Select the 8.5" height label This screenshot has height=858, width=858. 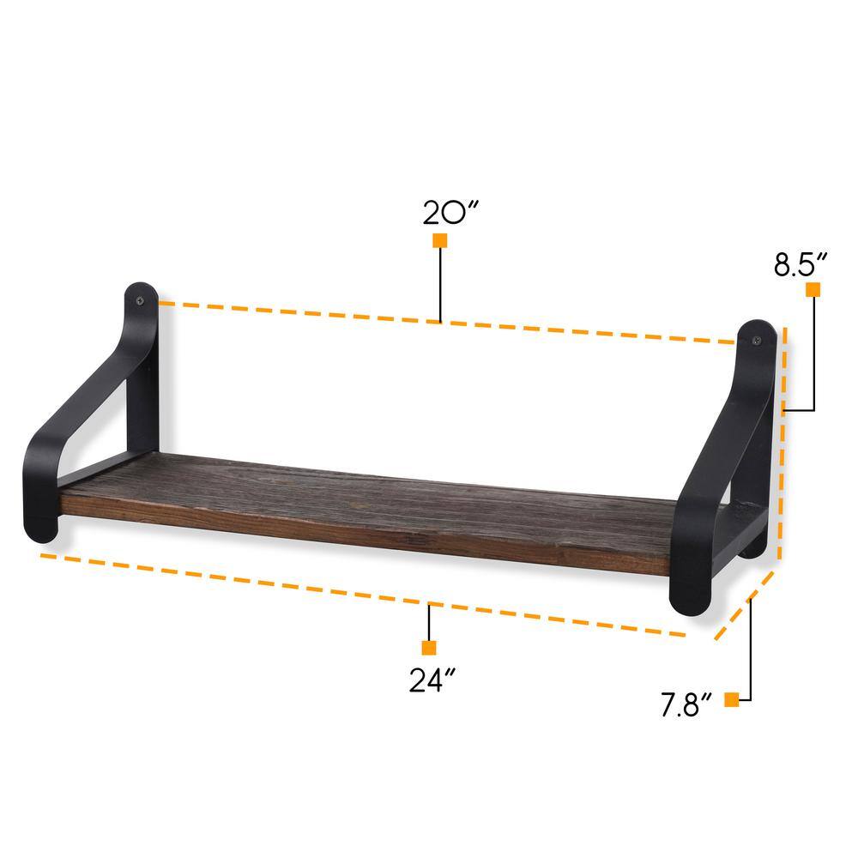(800, 264)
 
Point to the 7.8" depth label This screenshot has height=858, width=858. (687, 707)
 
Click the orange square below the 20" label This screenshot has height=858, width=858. (440, 241)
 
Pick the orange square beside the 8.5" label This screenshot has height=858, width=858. (812, 290)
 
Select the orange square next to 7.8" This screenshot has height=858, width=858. (731, 700)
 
